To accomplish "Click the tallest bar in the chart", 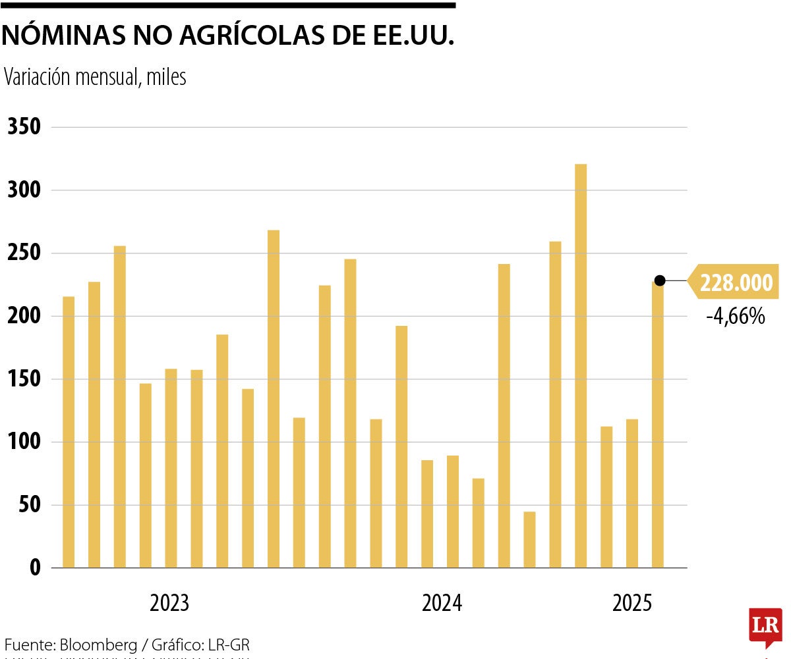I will coord(581,365).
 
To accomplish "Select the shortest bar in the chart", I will coord(529,539).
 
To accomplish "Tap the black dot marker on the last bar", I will coord(660,280).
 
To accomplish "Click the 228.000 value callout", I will coord(735,283).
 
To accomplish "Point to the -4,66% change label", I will coord(735,317).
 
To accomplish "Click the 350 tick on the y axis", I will coord(24,127).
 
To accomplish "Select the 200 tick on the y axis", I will coord(24,317).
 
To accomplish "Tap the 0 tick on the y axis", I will coord(34,568).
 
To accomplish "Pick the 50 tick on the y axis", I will coord(30,506).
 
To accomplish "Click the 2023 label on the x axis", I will coord(169,603).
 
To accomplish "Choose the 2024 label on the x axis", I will coord(442,603).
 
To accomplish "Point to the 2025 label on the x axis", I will coord(632,603).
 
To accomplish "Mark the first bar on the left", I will coord(69,432).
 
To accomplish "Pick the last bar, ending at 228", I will coord(658,425).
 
